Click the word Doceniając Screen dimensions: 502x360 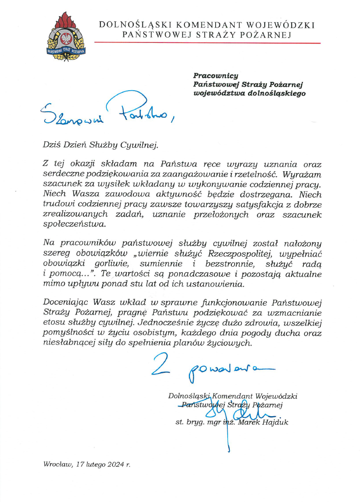coord(66,302)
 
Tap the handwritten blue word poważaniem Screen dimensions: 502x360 coord(227,369)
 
